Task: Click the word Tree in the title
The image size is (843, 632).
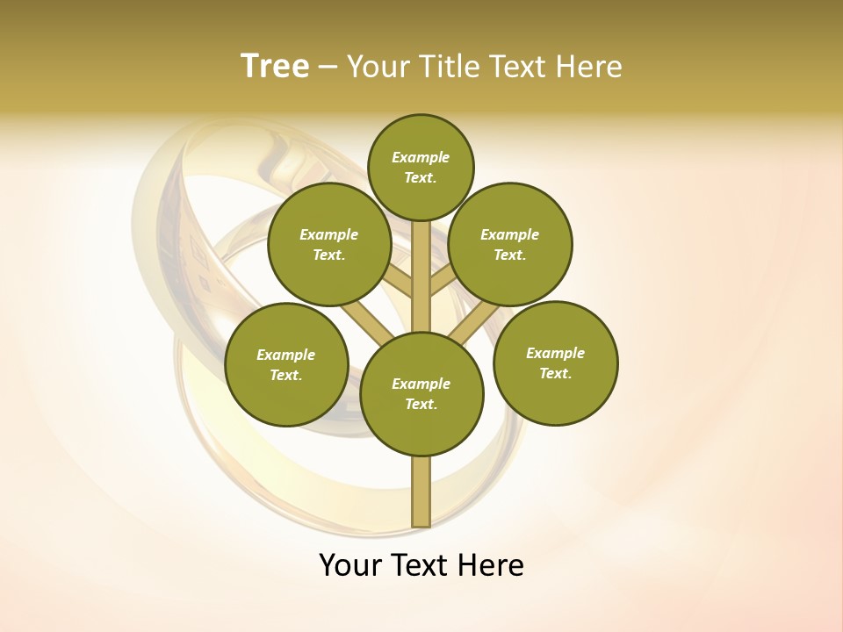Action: pyautogui.click(x=275, y=67)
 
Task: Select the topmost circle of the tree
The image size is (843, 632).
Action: pyautogui.click(x=421, y=167)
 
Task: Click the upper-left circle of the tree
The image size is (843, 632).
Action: pyautogui.click(x=329, y=244)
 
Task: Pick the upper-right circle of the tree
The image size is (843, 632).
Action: pyautogui.click(x=510, y=244)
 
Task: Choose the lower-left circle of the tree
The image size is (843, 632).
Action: pyautogui.click(x=286, y=364)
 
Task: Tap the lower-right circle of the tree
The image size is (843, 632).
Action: pyautogui.click(x=555, y=363)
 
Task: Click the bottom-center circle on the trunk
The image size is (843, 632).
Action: pyautogui.click(x=421, y=393)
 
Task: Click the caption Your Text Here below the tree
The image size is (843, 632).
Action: pyautogui.click(x=421, y=565)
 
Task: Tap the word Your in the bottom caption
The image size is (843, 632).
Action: pyautogui.click(x=350, y=565)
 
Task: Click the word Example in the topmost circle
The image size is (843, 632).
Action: pyautogui.click(x=421, y=157)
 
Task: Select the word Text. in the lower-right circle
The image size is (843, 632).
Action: pyautogui.click(x=555, y=373)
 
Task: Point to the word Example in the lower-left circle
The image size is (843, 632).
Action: pyautogui.click(x=285, y=355)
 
